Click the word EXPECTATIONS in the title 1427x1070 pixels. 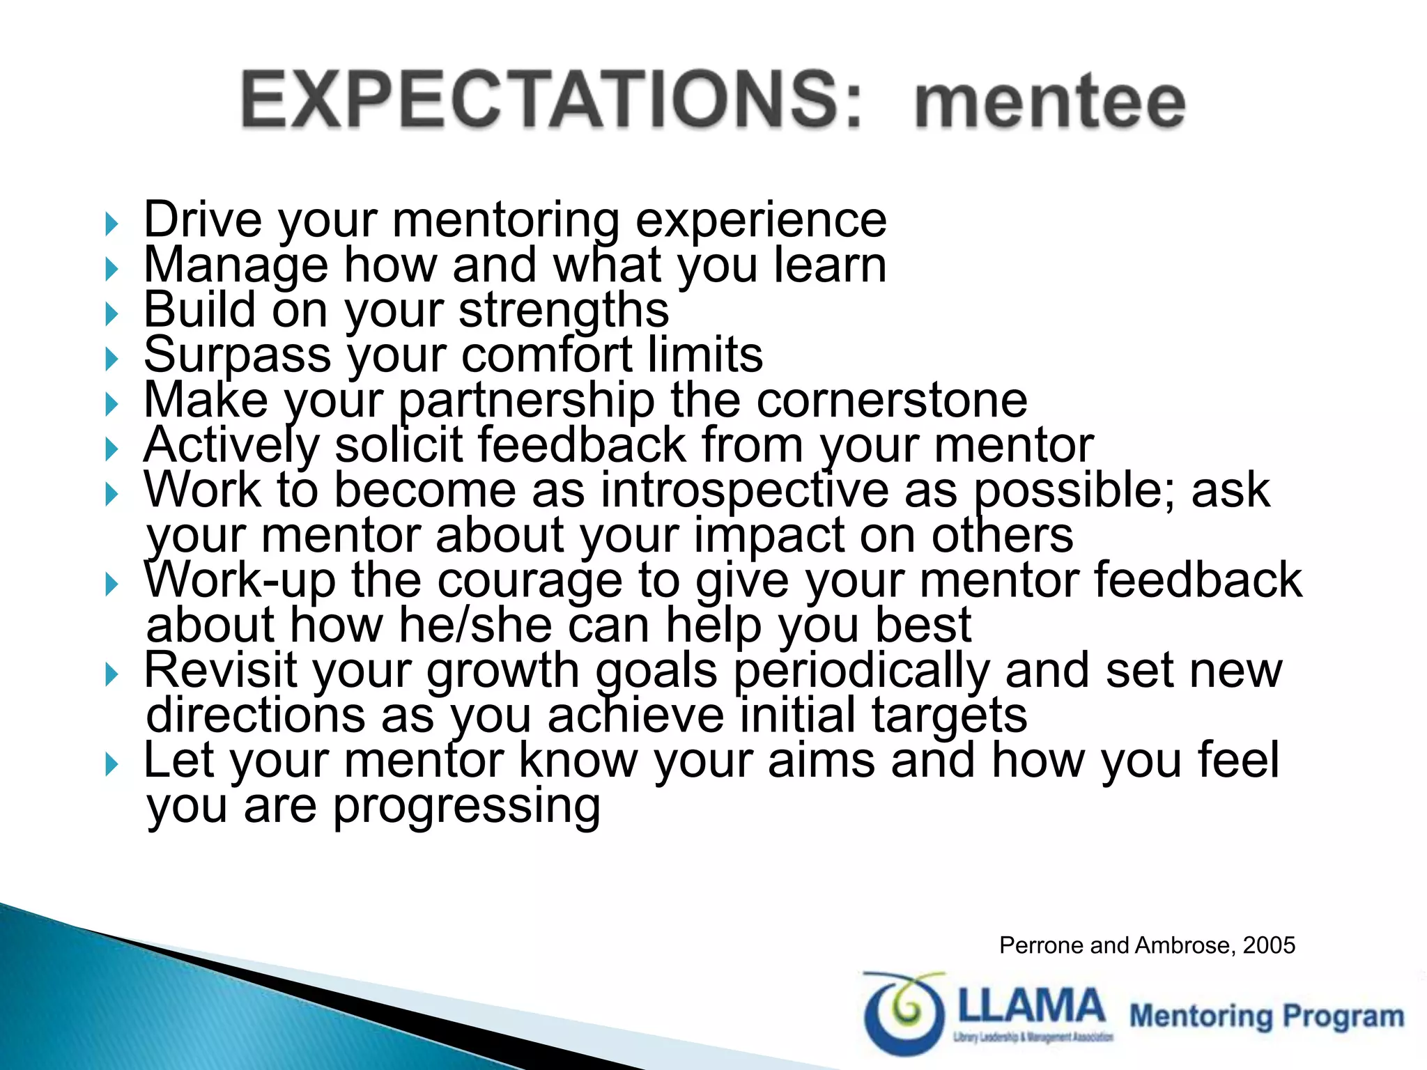(x=550, y=101)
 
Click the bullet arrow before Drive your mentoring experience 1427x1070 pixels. (x=111, y=224)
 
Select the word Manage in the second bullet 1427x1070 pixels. (x=236, y=266)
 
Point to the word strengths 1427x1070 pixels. (x=564, y=311)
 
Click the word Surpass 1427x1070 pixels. (x=237, y=355)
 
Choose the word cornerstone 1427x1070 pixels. (x=892, y=401)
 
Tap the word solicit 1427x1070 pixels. (x=399, y=445)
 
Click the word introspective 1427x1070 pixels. (x=744, y=490)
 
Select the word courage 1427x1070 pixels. (x=529, y=581)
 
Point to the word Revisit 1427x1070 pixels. (x=220, y=671)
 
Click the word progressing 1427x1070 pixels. (x=466, y=807)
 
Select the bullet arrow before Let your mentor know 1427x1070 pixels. (x=111, y=765)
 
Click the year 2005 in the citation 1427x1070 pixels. (x=1269, y=945)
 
